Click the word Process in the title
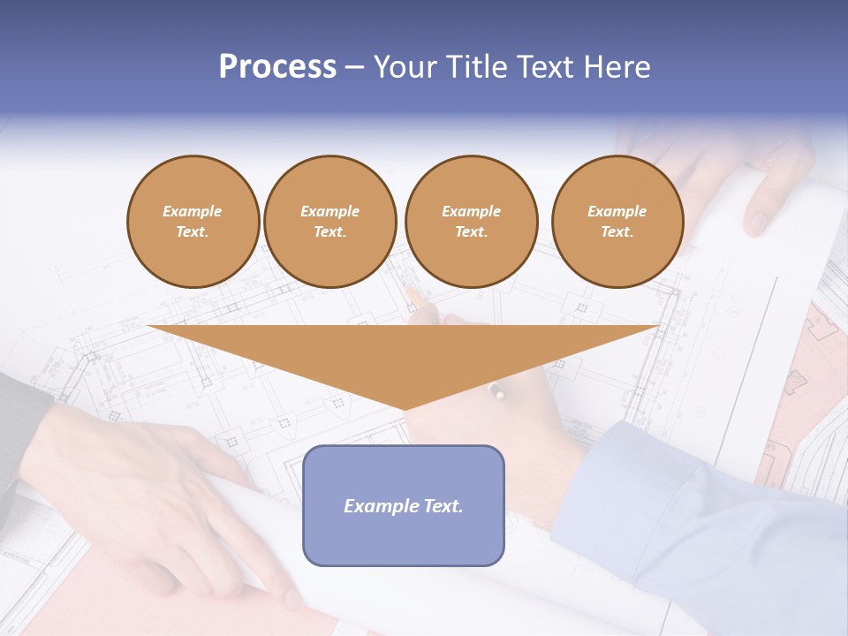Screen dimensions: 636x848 [x=277, y=67]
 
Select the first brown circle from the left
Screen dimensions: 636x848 [x=193, y=222]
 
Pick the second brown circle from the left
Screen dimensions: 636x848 [x=330, y=222]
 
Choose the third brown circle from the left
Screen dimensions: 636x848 [x=471, y=222]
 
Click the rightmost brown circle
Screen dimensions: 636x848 [x=617, y=222]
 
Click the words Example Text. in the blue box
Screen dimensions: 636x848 [x=404, y=506]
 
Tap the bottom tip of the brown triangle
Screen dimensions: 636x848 [x=405, y=408]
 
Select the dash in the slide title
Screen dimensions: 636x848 [x=355, y=67]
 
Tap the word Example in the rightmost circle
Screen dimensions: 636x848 [x=617, y=211]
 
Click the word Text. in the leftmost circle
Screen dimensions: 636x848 [x=193, y=232]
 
